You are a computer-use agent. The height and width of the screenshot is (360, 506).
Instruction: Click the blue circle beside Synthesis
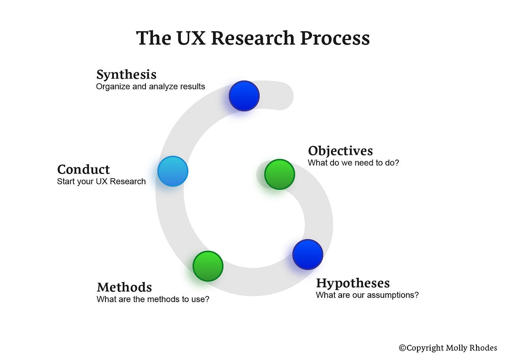point(244,96)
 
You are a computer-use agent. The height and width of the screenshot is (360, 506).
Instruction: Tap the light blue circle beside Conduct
point(172,171)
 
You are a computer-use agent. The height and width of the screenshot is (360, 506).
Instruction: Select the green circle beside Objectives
point(279,174)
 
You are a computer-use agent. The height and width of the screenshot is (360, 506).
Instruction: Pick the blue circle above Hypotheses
point(307,254)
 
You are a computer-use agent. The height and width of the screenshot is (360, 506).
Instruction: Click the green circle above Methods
point(208,266)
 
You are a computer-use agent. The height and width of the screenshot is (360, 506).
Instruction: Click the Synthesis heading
point(126,75)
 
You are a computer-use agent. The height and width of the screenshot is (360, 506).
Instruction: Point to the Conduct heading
point(83,169)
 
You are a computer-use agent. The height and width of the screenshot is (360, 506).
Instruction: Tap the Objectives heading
point(340,151)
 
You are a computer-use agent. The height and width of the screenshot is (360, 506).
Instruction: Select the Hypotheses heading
point(353,283)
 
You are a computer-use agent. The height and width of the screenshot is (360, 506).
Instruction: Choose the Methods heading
point(124,287)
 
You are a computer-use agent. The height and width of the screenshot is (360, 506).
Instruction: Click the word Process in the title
point(335,38)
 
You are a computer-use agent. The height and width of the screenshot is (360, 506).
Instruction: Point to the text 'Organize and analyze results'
point(150,87)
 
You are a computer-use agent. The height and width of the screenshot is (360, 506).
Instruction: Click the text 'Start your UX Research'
point(101,181)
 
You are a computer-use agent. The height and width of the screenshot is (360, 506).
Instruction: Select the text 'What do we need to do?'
point(353,162)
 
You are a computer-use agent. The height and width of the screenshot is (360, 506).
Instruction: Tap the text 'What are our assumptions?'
point(367,295)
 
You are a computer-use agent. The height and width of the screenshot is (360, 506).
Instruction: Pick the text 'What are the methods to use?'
point(153,299)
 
